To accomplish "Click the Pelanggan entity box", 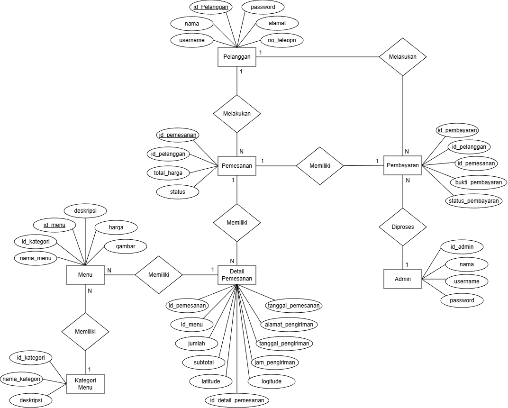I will (236, 57).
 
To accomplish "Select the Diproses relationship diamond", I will (403, 227).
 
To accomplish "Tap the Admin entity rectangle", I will (403, 279).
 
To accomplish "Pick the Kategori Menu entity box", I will (85, 383).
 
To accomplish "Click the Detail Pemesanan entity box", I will (236, 274).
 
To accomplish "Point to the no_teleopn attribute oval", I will (281, 40).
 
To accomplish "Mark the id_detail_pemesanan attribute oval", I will (237, 400).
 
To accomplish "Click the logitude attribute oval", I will (272, 381).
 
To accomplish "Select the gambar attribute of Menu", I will (125, 246).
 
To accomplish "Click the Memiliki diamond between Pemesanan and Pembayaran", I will (320, 166).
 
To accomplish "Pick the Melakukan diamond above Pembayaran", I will (403, 57).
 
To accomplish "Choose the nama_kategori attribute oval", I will (21, 379).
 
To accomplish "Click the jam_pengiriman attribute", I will (274, 363).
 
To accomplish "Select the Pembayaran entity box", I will (403, 165).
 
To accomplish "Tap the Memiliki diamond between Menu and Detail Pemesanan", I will (159, 274).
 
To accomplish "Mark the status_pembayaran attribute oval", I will (473, 201).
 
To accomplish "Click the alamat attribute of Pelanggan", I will (277, 22).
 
